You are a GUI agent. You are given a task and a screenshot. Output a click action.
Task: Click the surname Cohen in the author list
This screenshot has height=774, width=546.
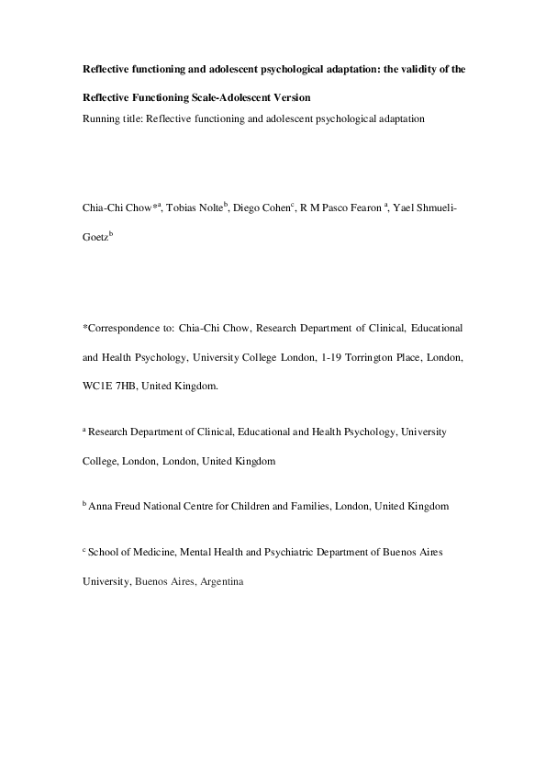[x=277, y=210]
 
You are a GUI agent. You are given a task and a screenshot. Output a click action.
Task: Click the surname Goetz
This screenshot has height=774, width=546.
[x=95, y=237]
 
